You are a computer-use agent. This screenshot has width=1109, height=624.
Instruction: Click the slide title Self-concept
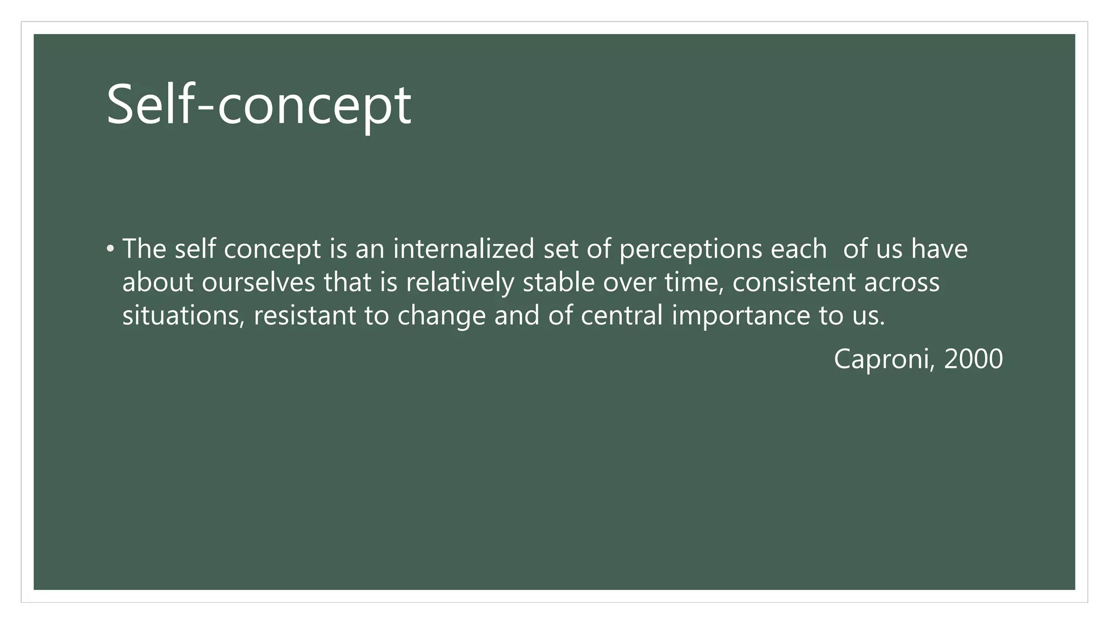click(x=259, y=105)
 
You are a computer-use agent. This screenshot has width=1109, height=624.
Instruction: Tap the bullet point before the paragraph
click(x=110, y=249)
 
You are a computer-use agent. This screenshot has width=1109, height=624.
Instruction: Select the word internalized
click(x=464, y=249)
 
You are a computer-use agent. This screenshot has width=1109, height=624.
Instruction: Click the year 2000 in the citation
click(x=973, y=359)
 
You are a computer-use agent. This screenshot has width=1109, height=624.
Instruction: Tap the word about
click(x=158, y=282)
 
